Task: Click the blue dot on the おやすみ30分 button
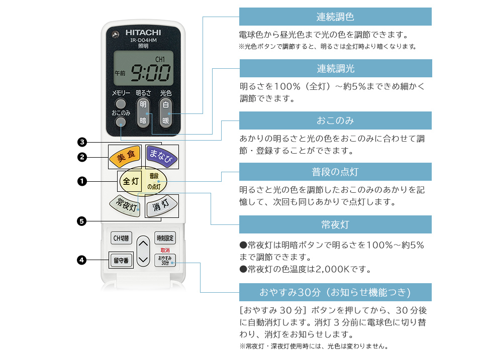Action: click(x=172, y=263)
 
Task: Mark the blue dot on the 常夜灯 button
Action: click(x=138, y=209)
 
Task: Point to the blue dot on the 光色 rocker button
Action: click(x=169, y=113)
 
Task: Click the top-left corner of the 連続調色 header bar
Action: click(x=239, y=8)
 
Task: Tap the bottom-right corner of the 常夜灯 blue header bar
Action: click(x=432, y=233)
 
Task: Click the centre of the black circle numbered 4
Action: click(x=81, y=260)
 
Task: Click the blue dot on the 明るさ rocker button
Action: click(x=147, y=113)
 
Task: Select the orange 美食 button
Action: click(x=125, y=156)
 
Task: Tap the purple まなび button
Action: click(x=161, y=156)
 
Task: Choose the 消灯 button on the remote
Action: click(x=162, y=205)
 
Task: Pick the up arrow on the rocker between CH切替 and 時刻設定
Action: click(x=143, y=244)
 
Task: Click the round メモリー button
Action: click(x=121, y=103)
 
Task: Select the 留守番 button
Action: click(x=121, y=260)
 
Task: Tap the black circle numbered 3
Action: click(x=81, y=142)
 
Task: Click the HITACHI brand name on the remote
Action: click(x=143, y=33)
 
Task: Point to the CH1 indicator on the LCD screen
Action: click(x=160, y=59)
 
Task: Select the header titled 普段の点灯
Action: click(x=335, y=172)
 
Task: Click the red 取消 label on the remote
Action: click(x=165, y=250)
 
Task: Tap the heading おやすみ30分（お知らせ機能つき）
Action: click(x=335, y=292)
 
